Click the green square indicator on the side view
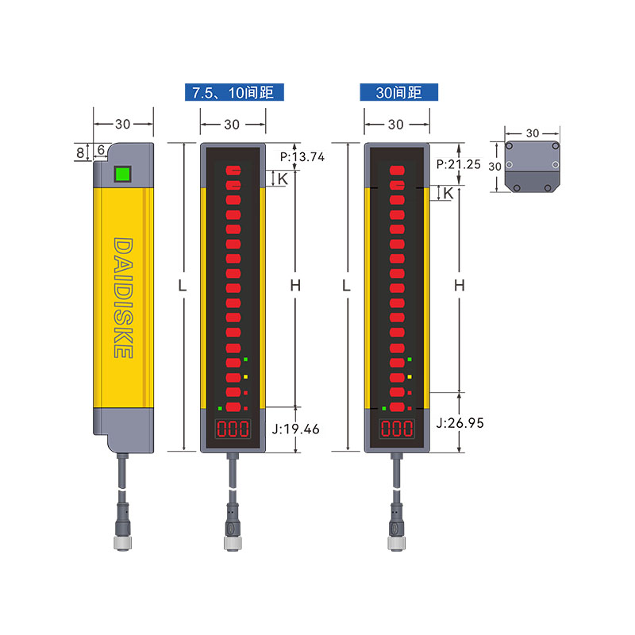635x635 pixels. pos(122,174)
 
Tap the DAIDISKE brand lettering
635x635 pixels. pos(123,298)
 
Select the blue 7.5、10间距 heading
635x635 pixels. pos(234,92)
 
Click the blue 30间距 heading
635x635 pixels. pos(398,92)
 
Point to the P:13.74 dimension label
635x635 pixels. pos(302,156)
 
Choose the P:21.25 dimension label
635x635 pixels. pos(459,164)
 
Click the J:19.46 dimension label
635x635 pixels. pos(295,429)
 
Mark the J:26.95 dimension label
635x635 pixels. pos(460,423)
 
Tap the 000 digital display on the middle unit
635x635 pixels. pos(233,429)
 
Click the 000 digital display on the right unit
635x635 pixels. pos(397,429)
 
